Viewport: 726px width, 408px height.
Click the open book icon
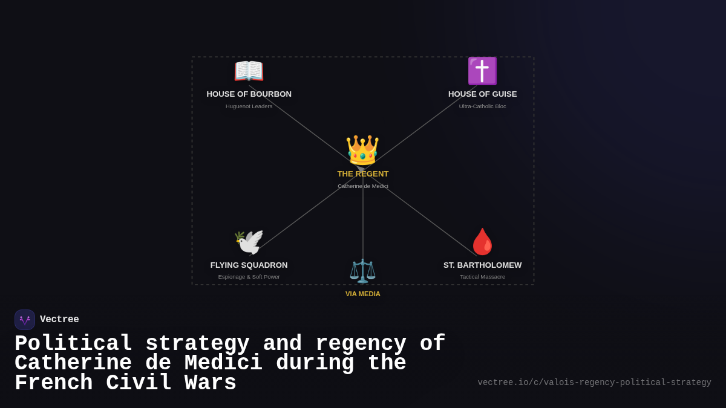pos(249,71)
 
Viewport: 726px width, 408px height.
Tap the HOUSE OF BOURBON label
pos(249,94)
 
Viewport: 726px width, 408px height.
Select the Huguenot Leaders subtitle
pos(249,106)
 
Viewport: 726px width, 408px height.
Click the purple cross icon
pos(482,71)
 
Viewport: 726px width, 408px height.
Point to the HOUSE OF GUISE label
pos(482,94)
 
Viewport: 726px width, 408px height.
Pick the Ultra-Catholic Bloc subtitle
pos(482,106)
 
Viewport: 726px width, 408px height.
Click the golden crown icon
pos(362,151)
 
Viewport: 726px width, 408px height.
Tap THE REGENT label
pos(362,174)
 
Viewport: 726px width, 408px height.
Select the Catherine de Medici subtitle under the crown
pos(362,186)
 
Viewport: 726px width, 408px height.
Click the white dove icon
pos(249,242)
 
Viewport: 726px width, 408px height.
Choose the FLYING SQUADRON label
pos(249,265)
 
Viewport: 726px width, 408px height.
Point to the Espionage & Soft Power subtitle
pos(249,277)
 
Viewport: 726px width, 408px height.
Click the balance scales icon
pos(362,271)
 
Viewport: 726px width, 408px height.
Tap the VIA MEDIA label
pos(362,294)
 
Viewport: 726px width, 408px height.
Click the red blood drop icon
pos(482,242)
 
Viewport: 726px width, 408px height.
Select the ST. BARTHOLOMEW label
pos(482,265)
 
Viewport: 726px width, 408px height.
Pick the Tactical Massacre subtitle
pos(482,277)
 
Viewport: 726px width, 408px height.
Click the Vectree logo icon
pos(25,320)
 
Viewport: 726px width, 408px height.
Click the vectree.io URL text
pos(594,383)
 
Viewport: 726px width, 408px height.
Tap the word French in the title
pos(53,384)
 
